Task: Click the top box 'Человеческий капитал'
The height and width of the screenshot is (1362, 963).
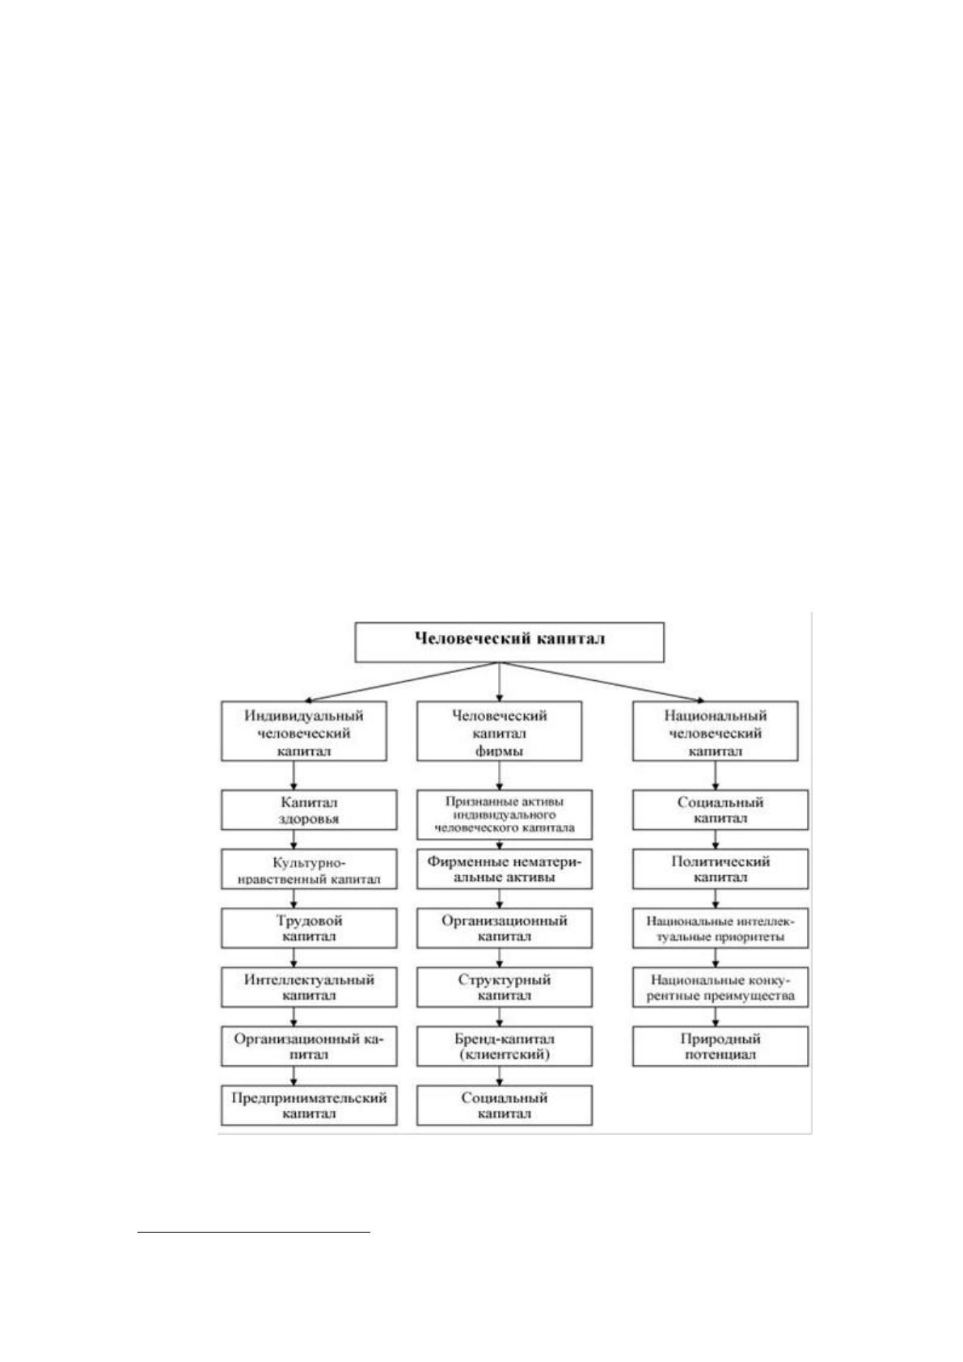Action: [x=509, y=641]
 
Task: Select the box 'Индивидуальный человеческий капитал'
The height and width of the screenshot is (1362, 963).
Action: [x=304, y=731]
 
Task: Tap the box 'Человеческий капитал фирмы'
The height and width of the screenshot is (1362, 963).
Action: [x=499, y=731]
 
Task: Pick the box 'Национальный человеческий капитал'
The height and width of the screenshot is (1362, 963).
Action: [x=715, y=731]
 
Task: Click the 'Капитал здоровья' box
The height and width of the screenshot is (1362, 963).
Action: [x=309, y=810]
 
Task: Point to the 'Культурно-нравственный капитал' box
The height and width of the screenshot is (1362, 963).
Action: [x=309, y=869]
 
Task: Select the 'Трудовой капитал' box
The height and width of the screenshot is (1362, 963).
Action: [x=309, y=928]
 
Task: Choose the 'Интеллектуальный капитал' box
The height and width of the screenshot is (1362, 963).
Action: [x=309, y=988]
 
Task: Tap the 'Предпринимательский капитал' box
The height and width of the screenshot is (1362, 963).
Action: [x=309, y=1106]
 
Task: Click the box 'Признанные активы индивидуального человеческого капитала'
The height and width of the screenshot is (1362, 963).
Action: [x=505, y=814]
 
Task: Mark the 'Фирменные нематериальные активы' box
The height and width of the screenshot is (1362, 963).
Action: [x=505, y=869]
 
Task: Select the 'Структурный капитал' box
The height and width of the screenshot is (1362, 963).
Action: [x=505, y=988]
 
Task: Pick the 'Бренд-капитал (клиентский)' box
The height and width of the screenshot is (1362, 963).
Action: [x=505, y=1047]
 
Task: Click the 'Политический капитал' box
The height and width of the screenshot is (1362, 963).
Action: [x=720, y=869]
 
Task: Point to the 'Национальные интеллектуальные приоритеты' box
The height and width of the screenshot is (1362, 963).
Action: [x=720, y=928]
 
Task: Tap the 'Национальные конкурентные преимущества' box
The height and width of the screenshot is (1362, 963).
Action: [x=720, y=988]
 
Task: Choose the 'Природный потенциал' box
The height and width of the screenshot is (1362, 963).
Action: [x=720, y=1047]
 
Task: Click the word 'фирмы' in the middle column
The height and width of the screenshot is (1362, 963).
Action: [x=499, y=751]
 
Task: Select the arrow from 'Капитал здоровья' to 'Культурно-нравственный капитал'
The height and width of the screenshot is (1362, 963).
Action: [x=294, y=840]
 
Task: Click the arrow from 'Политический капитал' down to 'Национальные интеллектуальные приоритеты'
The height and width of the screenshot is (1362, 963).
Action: [x=715, y=899]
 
